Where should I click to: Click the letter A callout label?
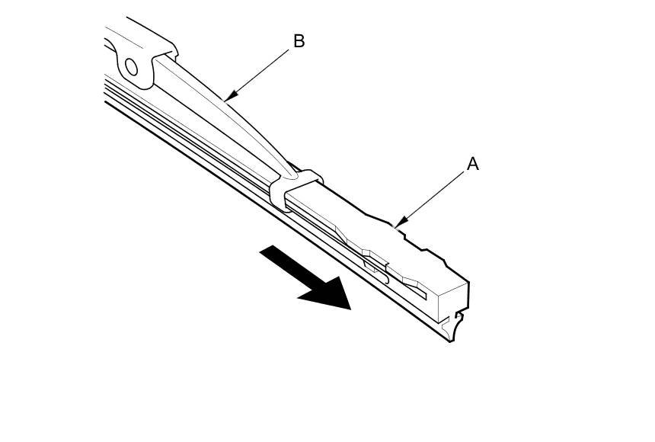(x=472, y=164)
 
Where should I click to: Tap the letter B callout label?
(x=299, y=41)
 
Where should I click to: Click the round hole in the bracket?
(x=131, y=68)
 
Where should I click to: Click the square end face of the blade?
(x=452, y=300)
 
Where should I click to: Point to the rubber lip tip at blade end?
(x=451, y=335)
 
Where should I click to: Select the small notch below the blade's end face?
(x=458, y=315)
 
